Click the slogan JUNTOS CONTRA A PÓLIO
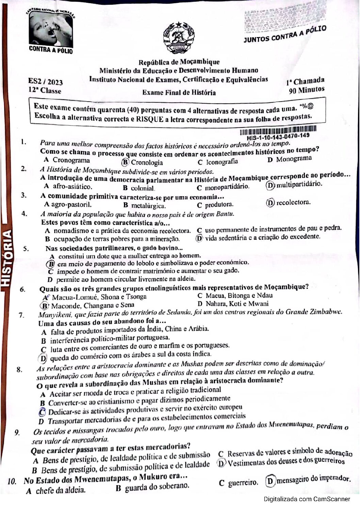tap(285, 34)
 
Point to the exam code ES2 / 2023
tap(45, 82)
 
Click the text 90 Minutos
tap(307, 90)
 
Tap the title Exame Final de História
tap(179, 92)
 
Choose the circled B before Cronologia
tap(125, 162)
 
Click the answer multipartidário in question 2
tap(299, 184)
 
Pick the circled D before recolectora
tap(270, 203)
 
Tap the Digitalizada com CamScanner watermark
tap(307, 499)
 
